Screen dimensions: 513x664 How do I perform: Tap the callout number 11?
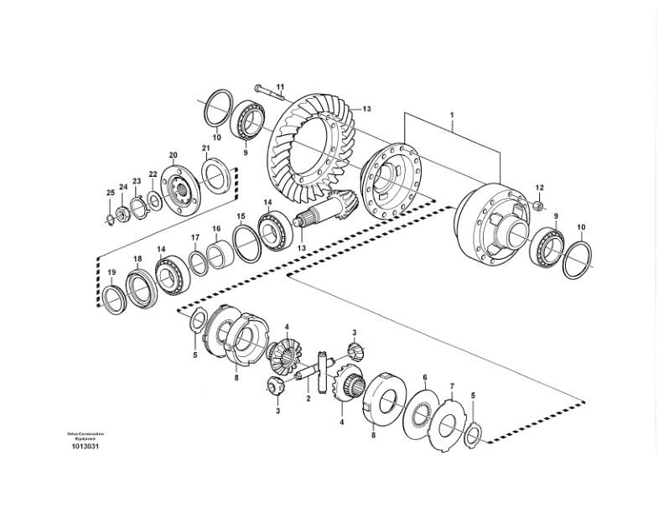click(x=281, y=86)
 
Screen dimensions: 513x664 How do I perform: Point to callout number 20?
click(x=174, y=155)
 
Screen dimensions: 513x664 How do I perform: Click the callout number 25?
click(x=109, y=194)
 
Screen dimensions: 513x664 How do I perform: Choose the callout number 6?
click(x=425, y=377)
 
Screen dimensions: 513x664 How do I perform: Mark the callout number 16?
click(x=215, y=228)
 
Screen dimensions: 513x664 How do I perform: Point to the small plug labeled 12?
click(x=536, y=206)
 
